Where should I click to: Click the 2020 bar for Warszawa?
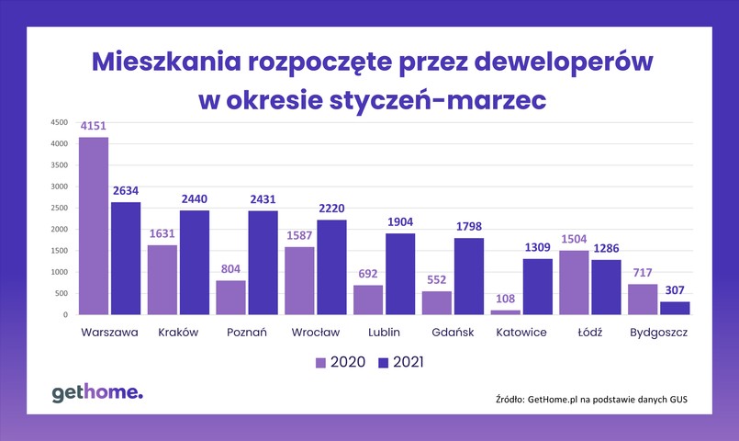click(93, 226)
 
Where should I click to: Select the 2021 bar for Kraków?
click(194, 263)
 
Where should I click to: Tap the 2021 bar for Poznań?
click(263, 263)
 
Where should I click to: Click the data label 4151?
click(94, 129)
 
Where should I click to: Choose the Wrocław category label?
click(315, 333)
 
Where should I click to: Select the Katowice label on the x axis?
click(521, 333)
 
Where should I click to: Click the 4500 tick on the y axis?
click(59, 122)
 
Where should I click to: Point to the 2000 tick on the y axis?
click(59, 230)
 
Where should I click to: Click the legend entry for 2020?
click(342, 362)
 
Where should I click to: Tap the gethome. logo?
click(97, 394)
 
